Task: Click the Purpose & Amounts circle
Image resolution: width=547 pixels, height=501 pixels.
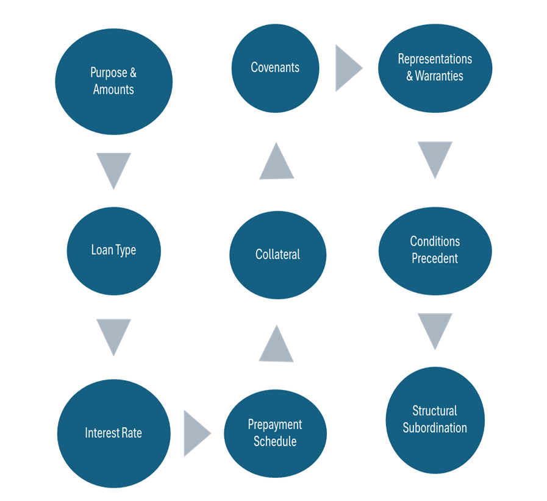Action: [113, 80]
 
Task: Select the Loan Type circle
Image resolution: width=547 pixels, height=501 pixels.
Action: [113, 250]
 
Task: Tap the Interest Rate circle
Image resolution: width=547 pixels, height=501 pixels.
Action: [113, 433]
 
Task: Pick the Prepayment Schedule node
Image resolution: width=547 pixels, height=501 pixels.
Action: [275, 433]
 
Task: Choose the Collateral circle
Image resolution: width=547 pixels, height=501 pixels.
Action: [277, 254]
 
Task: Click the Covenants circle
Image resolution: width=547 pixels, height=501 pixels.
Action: [275, 67]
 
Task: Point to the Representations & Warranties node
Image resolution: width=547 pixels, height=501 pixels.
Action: [435, 67]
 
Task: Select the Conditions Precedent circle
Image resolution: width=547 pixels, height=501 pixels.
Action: [435, 250]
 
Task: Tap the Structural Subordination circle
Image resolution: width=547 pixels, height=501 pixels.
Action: [435, 419]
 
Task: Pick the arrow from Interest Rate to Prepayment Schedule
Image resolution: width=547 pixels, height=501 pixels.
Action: [195, 433]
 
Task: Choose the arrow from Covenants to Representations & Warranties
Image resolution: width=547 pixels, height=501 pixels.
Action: [347, 67]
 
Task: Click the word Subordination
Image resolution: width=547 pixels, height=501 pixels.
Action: [435, 428]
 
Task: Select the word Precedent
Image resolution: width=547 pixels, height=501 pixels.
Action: [435, 258]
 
